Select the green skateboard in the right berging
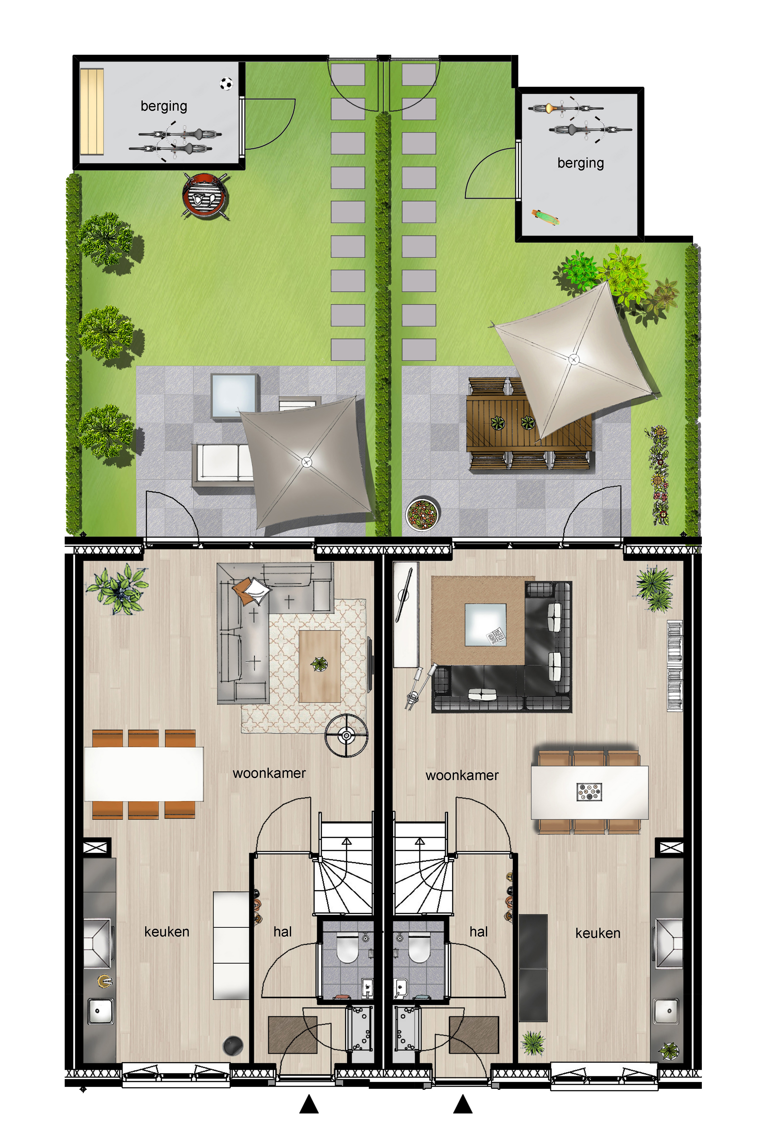546,217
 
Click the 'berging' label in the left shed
164,106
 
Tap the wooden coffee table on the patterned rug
319,666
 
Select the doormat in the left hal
293,1035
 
